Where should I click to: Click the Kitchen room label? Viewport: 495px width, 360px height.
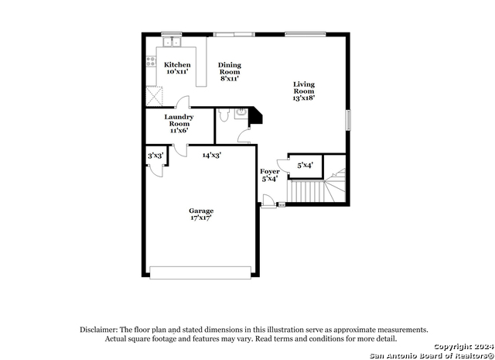177,68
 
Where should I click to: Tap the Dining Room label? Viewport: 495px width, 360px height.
229,71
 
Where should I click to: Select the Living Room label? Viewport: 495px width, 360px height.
304,91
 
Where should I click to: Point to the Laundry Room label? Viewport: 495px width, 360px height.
179,124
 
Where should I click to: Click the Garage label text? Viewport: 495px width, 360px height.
201,214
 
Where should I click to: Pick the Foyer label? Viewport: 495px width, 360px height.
269,175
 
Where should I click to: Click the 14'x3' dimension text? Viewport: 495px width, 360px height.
212,156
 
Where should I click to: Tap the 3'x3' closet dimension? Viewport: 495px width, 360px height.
155,156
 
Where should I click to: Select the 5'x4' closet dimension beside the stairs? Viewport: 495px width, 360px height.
305,164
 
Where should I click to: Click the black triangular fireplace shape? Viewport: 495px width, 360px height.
254,117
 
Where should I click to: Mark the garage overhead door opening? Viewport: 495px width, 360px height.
200,273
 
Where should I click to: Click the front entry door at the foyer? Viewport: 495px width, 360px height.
268,204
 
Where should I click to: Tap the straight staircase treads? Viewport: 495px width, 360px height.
304,190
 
